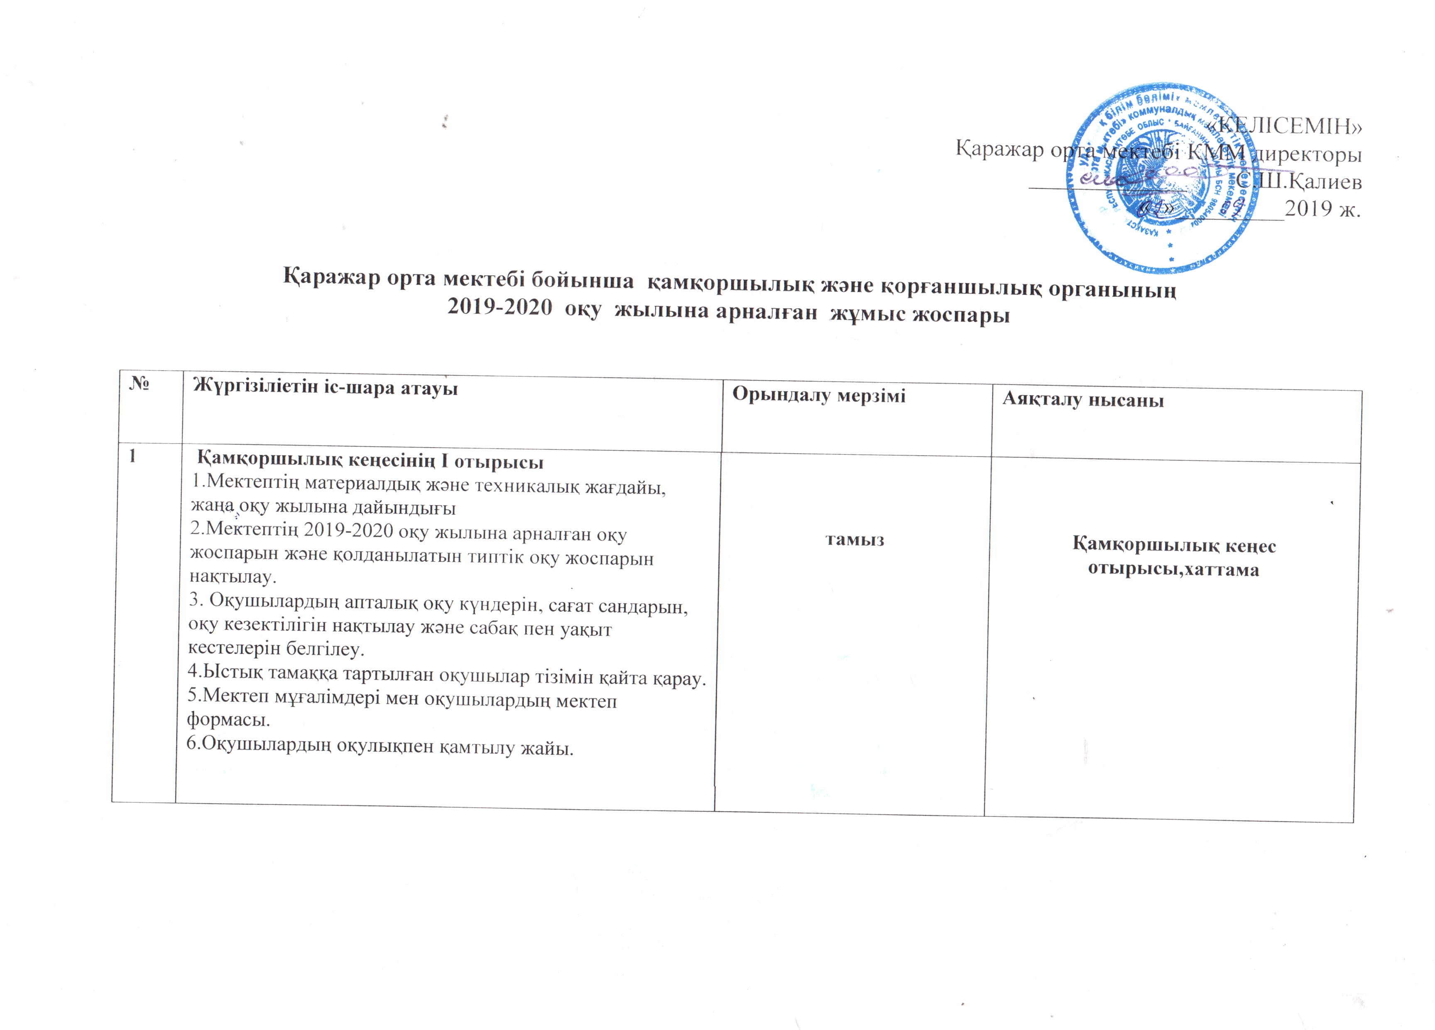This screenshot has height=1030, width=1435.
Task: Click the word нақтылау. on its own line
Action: (233, 577)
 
